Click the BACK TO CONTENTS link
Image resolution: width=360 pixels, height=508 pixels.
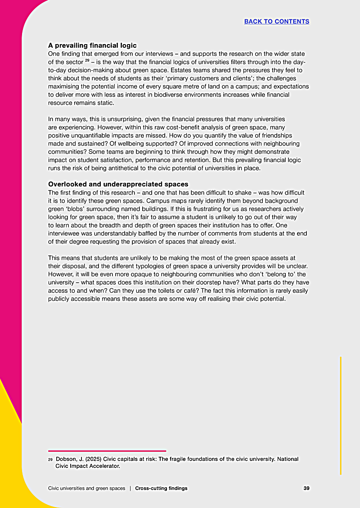(x=276, y=21)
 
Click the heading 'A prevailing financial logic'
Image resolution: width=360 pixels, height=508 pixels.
(x=92, y=45)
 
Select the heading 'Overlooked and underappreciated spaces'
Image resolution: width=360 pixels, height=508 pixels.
(x=118, y=184)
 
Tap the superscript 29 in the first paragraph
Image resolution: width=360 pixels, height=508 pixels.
(x=87, y=60)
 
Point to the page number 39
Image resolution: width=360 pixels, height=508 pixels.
(x=306, y=488)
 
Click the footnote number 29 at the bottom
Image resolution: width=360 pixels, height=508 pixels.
(x=50, y=459)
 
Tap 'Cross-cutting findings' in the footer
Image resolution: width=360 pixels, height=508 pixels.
(x=161, y=488)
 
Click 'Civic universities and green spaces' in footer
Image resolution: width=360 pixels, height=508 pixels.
(x=86, y=488)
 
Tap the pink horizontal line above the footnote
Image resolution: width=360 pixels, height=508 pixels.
(x=107, y=451)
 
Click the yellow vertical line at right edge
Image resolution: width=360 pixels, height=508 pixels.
(x=341, y=414)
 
